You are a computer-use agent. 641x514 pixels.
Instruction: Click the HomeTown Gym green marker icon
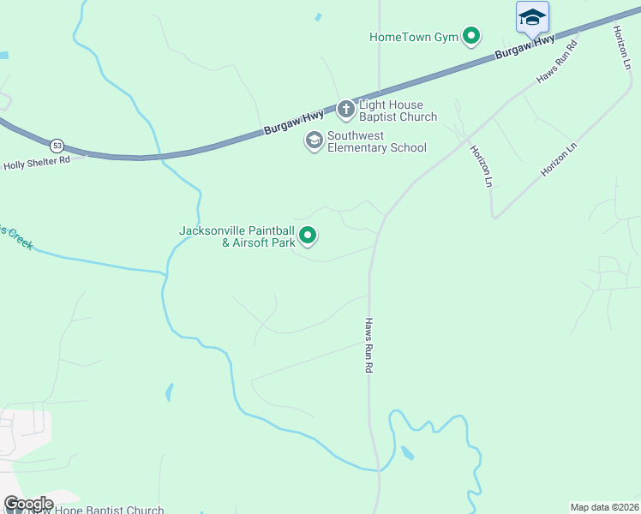(x=470, y=36)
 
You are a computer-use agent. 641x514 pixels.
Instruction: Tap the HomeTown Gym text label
(x=414, y=37)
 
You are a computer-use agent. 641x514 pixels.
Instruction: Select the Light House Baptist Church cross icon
(x=345, y=109)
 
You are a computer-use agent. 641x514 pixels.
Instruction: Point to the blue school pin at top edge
(x=532, y=17)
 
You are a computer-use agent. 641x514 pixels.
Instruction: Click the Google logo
(x=28, y=504)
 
